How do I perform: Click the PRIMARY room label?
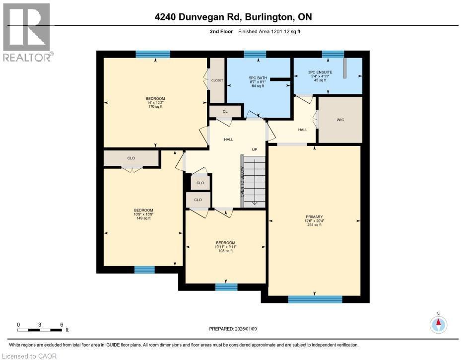tap(314, 217)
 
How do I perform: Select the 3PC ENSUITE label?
tap(322, 73)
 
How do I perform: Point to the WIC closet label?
tap(340, 120)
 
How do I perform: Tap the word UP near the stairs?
tap(255, 149)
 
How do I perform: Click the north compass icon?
tap(438, 324)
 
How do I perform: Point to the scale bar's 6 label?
tap(62, 324)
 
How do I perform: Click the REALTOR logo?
tap(27, 32)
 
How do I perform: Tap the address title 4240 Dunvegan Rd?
tap(233, 17)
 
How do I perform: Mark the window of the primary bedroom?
tap(315, 299)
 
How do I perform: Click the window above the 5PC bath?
tap(255, 54)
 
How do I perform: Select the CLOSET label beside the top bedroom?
tap(217, 80)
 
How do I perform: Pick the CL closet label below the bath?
tap(225, 111)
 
